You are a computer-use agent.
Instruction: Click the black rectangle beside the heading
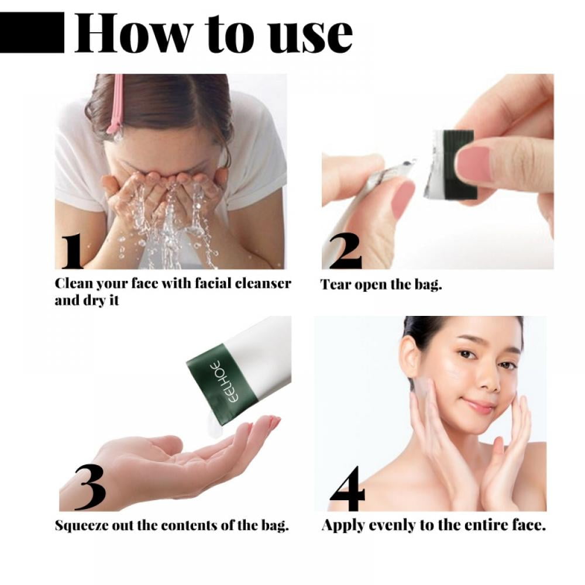click(x=32, y=34)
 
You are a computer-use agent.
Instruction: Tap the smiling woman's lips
click(x=478, y=406)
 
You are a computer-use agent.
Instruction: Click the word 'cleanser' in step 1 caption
click(x=263, y=284)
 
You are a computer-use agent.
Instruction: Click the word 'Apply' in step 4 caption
click(x=340, y=525)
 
